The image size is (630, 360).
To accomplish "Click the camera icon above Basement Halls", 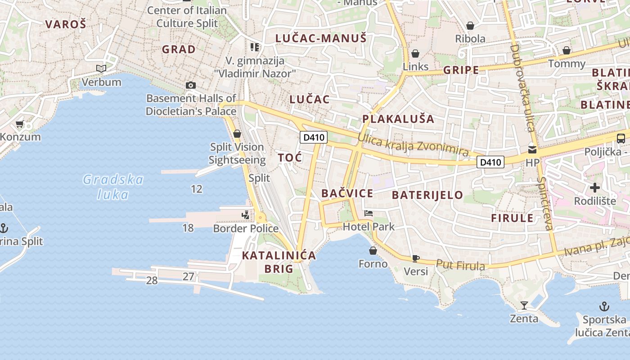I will pyautogui.click(x=191, y=85).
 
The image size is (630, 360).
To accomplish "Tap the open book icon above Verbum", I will pyautogui.click(x=102, y=69).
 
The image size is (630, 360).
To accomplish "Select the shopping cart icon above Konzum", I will pyautogui.click(x=19, y=124).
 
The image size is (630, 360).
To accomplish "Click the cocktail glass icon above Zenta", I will pyautogui.click(x=524, y=306).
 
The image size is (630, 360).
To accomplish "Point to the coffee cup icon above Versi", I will pyautogui.click(x=416, y=258).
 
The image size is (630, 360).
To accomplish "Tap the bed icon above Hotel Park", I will pyautogui.click(x=369, y=213).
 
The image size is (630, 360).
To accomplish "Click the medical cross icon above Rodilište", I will pyautogui.click(x=595, y=187).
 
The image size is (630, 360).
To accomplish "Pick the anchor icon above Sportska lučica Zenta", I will pyautogui.click(x=604, y=307).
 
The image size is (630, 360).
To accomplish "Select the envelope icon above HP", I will pyautogui.click(x=532, y=149).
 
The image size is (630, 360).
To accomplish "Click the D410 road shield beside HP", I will pyautogui.click(x=490, y=162).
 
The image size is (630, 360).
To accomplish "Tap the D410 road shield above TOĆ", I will pyautogui.click(x=314, y=137).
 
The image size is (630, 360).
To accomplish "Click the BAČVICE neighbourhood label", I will pyautogui.click(x=347, y=193).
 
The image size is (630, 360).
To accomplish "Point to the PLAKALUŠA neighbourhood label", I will pyautogui.click(x=398, y=119).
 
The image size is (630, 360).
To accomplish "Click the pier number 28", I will pyautogui.click(x=152, y=281).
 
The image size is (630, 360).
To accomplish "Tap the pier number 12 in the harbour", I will pyautogui.click(x=197, y=189).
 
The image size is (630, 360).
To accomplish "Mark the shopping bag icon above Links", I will pyautogui.click(x=415, y=54).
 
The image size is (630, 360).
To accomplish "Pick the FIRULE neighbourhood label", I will pyautogui.click(x=512, y=218).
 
